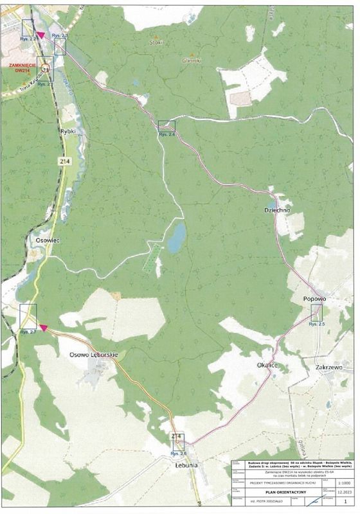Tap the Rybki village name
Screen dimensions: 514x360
[x=68, y=130]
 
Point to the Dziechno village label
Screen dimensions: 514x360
[x=278, y=209]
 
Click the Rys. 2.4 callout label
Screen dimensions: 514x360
[x=167, y=135]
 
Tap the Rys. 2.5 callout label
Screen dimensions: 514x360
[x=317, y=324]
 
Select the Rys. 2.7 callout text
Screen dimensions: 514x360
[x=28, y=332]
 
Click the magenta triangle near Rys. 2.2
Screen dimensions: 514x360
[x=41, y=35]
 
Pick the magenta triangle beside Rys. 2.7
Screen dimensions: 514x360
[x=43, y=328]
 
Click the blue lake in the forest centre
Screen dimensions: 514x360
[x=176, y=237]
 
